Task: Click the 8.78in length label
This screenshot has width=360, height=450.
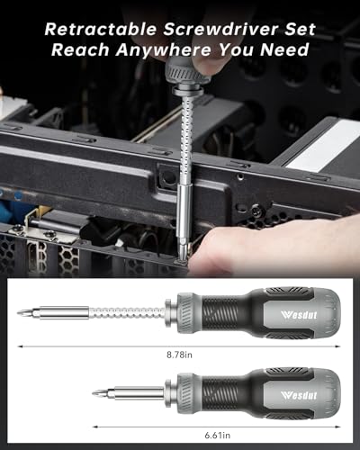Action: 180,355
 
